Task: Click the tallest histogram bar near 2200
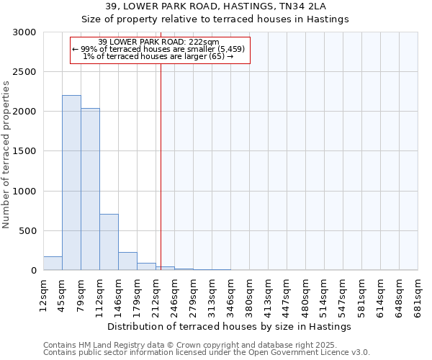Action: coord(71,183)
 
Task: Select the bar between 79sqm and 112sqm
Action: coord(90,189)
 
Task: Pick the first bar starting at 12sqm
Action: coord(53,264)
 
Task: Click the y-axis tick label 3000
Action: coord(24,32)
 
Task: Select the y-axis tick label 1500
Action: coord(24,152)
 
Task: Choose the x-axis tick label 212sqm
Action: coord(156,294)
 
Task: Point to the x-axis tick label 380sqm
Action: coord(250,294)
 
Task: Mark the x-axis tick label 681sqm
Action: coord(418,294)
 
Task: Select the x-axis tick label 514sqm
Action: coord(325,294)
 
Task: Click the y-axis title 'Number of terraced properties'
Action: coord(6,155)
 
